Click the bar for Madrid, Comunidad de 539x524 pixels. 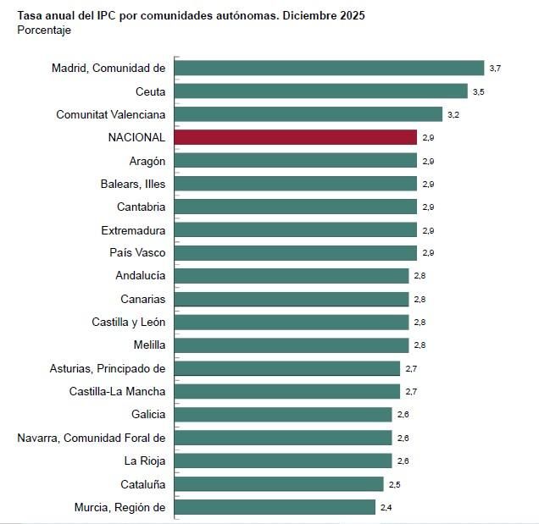[329, 68]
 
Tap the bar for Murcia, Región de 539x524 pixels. [275, 507]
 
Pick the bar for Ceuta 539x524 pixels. [320, 91]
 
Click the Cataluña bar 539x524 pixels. [279, 484]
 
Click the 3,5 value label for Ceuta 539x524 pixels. [479, 91]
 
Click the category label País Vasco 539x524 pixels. [137, 252]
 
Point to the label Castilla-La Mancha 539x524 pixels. [117, 391]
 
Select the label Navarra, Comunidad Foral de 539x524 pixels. [92, 438]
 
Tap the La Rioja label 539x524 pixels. [145, 461]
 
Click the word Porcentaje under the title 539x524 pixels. [44, 30]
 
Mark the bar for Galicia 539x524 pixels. [283, 415]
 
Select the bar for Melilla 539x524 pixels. [292, 345]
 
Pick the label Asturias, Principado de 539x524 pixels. [108, 368]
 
